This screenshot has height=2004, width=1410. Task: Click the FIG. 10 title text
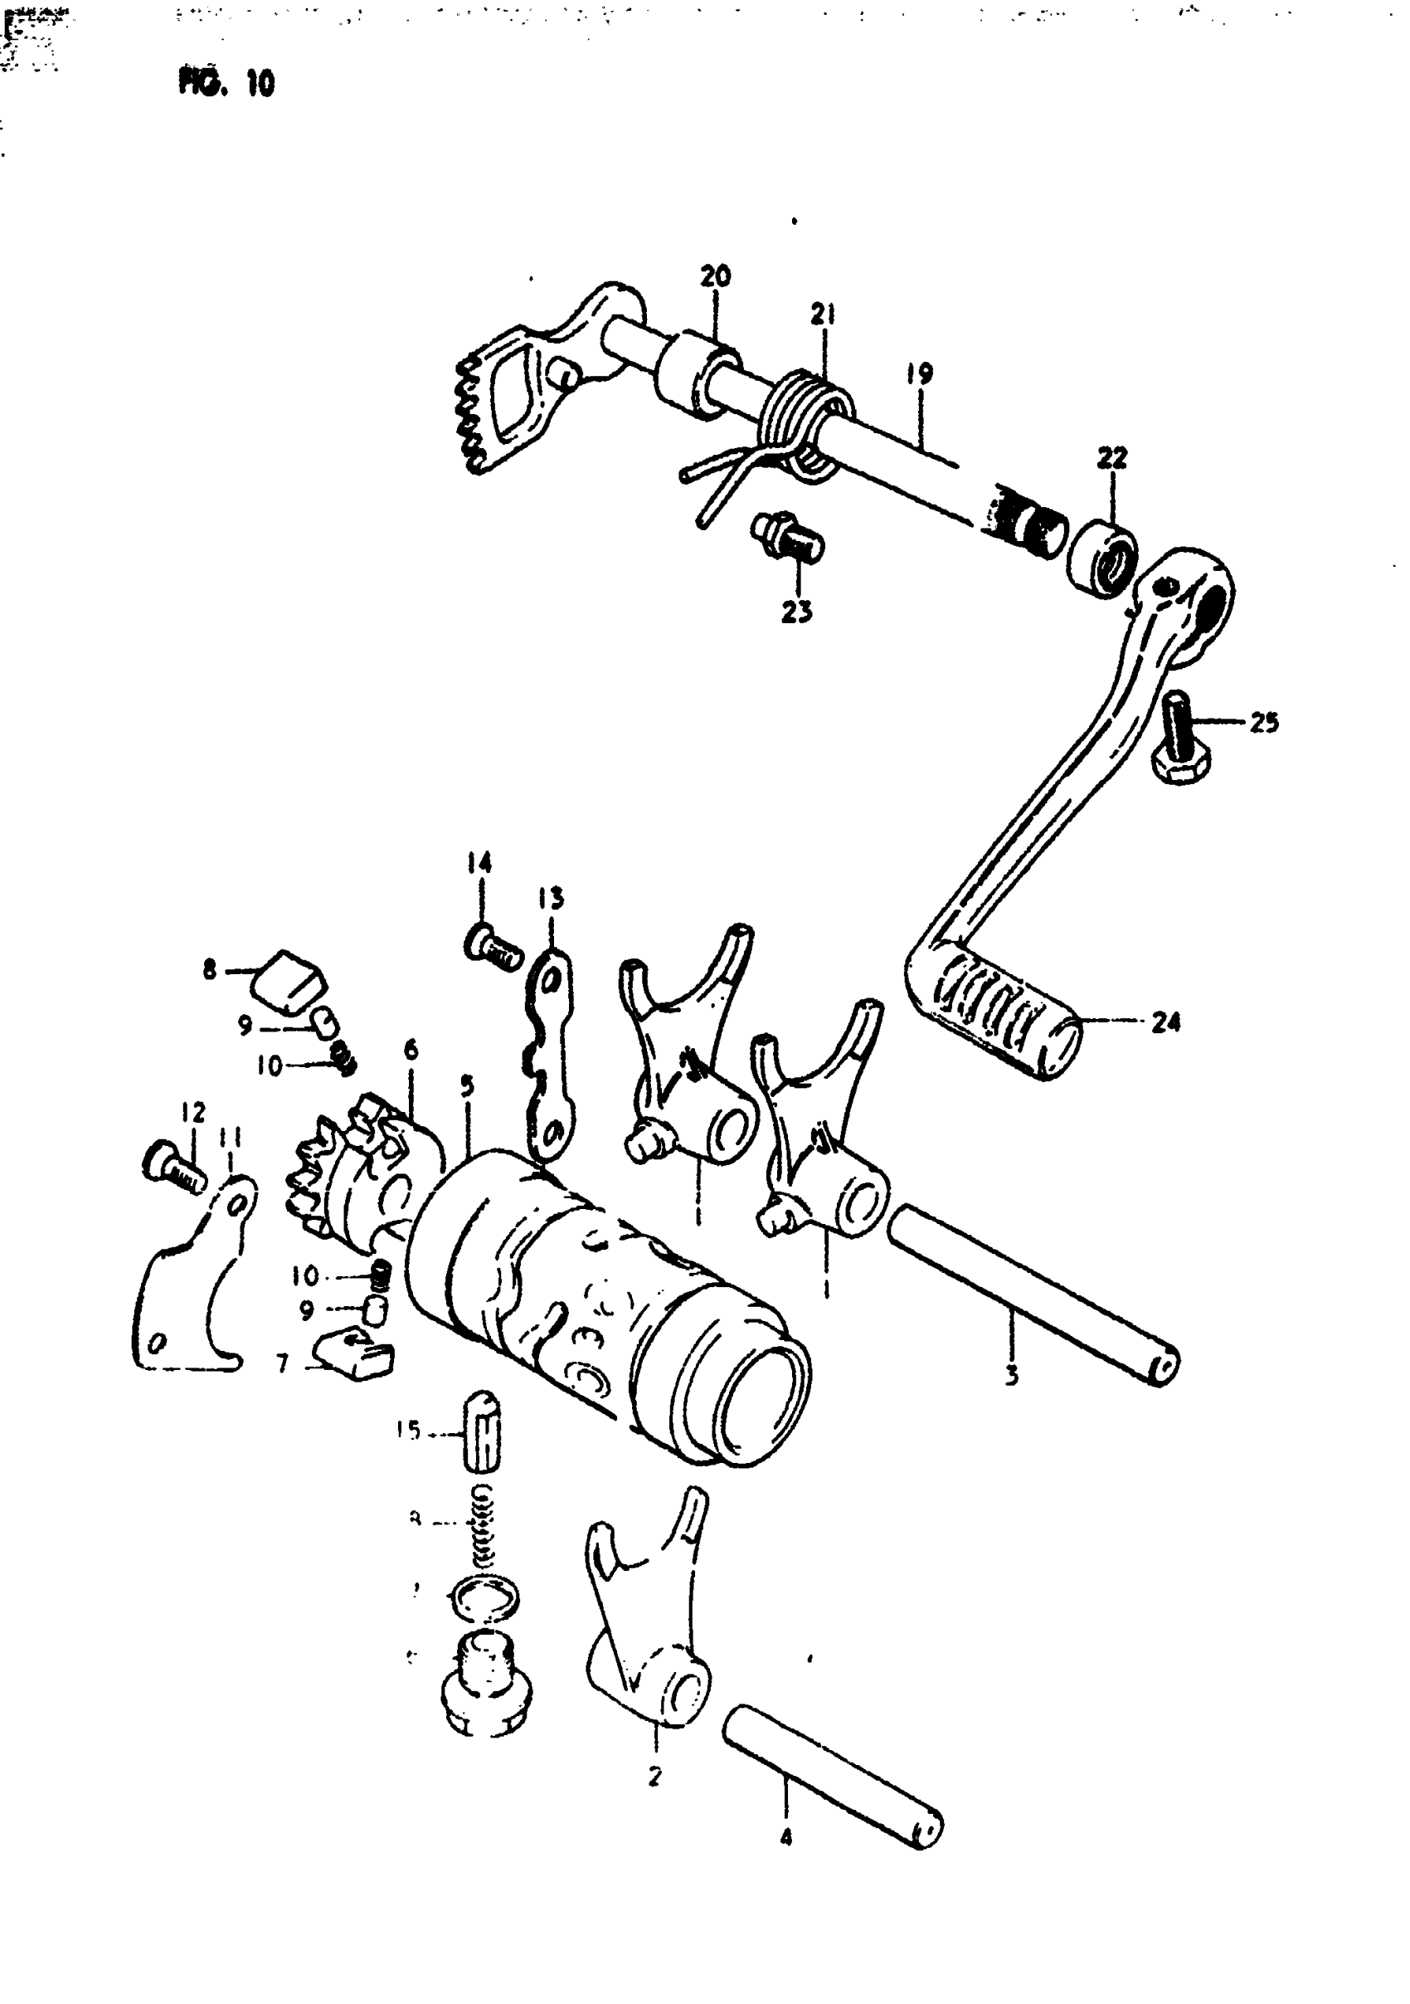(227, 84)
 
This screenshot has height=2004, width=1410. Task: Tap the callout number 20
(716, 277)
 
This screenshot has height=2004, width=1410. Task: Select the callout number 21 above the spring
(822, 315)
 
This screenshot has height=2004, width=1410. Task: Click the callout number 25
(1263, 723)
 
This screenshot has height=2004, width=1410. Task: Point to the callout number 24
(1165, 1022)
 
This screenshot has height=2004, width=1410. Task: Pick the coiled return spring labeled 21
(807, 419)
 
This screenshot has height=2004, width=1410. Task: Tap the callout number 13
(552, 898)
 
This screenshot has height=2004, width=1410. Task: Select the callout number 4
(786, 1838)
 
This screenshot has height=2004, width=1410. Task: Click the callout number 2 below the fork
(655, 1775)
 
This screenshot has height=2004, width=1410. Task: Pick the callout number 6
(411, 1050)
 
